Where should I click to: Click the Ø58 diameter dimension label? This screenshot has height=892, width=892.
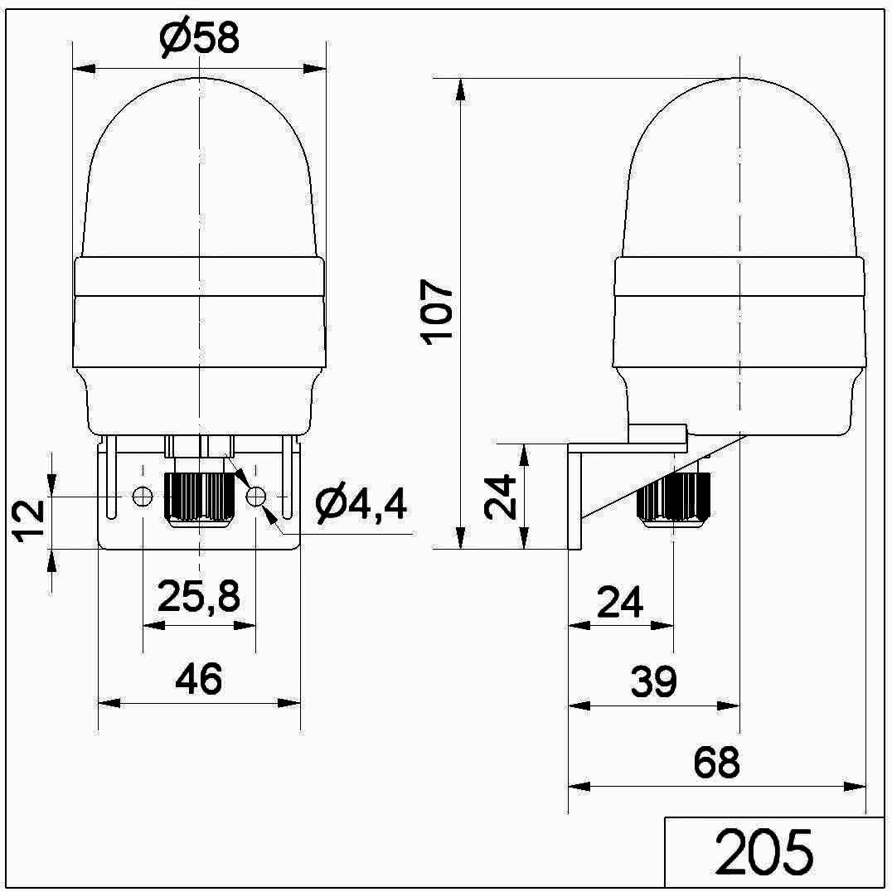coord(200,39)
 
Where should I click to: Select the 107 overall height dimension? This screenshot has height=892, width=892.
coord(436,312)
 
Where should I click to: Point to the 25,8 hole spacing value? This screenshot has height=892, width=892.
coord(198,597)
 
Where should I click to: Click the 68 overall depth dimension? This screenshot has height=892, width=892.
coord(717,763)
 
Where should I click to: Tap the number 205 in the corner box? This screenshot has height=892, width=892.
coord(764,853)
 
